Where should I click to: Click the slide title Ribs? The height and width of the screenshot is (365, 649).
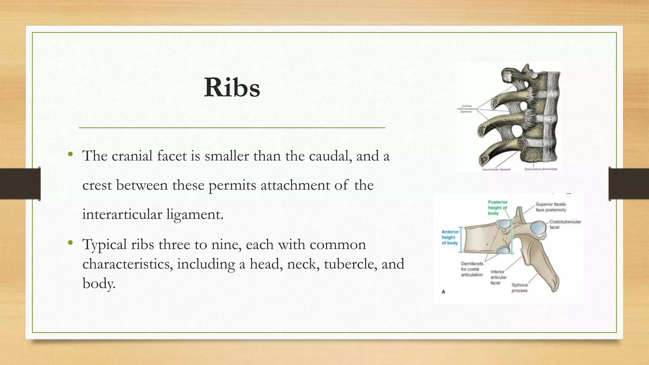pyautogui.click(x=232, y=87)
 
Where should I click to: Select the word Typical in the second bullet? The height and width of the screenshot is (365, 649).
pyautogui.click(x=104, y=245)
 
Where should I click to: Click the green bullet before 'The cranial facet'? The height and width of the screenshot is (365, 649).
pyautogui.click(x=70, y=155)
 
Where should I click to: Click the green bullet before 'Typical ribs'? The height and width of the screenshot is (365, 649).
pyautogui.click(x=70, y=243)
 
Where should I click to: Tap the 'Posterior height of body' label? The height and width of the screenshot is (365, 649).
pyautogui.click(x=497, y=208)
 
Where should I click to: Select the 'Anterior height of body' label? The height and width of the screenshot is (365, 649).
pyautogui.click(x=450, y=237)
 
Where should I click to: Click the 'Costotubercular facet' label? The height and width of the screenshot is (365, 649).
pyautogui.click(x=565, y=224)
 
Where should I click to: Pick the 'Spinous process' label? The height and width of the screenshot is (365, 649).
pyautogui.click(x=519, y=288)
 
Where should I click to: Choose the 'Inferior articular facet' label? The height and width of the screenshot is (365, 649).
pyautogui.click(x=498, y=277)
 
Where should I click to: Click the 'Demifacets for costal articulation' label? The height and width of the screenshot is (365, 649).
pyautogui.click(x=472, y=269)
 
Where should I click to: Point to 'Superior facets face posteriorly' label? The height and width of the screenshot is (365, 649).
pyautogui.click(x=551, y=207)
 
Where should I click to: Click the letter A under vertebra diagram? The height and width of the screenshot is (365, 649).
pyautogui.click(x=443, y=292)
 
